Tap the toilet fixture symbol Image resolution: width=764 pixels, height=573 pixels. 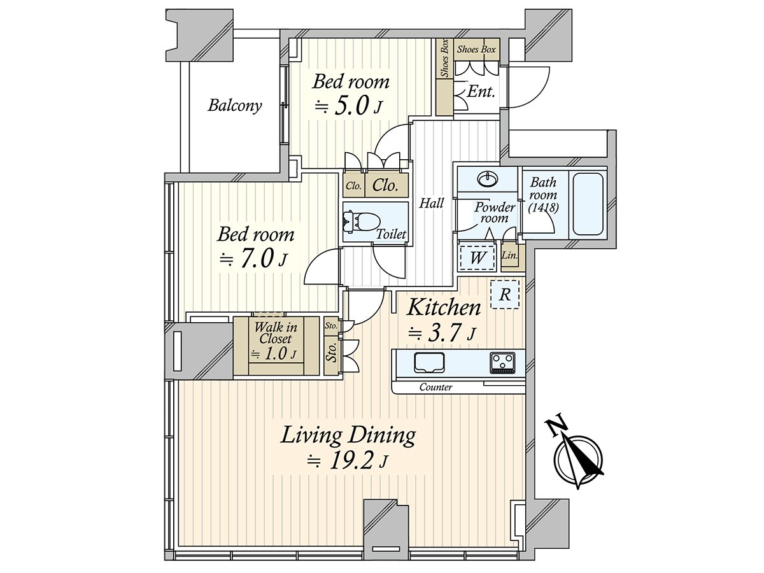tap(358, 222)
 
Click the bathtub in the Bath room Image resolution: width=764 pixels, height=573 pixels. tap(588, 205)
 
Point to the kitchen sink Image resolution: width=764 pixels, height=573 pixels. tap(430, 363)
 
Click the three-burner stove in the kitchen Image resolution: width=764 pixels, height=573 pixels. tap(502, 363)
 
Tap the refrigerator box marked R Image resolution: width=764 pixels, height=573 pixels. tap(504, 294)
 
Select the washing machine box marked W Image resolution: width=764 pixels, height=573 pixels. tap(478, 257)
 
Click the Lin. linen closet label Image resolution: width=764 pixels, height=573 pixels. tap(509, 255)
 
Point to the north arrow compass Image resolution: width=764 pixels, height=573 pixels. tap(576, 454)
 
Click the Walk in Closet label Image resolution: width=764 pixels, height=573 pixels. tap(276, 332)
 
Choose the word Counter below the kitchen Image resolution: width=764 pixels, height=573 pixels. tap(435, 387)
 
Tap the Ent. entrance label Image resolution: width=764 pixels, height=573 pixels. tap(481, 92)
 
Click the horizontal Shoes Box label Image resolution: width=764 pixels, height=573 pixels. tap(476, 50)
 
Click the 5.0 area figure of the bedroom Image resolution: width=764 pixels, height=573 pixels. tap(351, 106)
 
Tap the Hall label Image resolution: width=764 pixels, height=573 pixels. tap(431, 203)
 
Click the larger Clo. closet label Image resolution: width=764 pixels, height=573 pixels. tap(385, 185)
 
